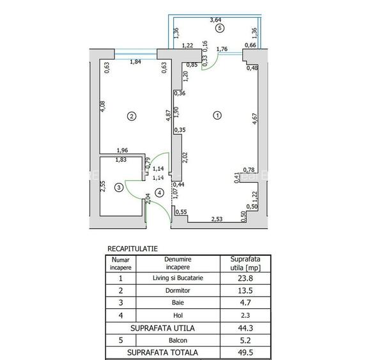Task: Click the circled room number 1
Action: click(x=217, y=116)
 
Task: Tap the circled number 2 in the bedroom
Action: click(x=131, y=116)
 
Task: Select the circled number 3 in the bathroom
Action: click(x=118, y=187)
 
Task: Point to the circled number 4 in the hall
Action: click(x=159, y=192)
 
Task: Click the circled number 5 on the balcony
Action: click(x=219, y=29)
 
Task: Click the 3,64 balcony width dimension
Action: click(x=219, y=20)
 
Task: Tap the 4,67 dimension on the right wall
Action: click(x=254, y=120)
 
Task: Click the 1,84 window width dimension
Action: click(x=135, y=62)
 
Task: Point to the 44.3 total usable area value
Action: click(x=246, y=328)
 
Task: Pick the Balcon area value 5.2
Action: click(x=246, y=340)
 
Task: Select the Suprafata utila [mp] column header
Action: click(x=246, y=263)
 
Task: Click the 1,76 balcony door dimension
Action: click(x=223, y=49)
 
